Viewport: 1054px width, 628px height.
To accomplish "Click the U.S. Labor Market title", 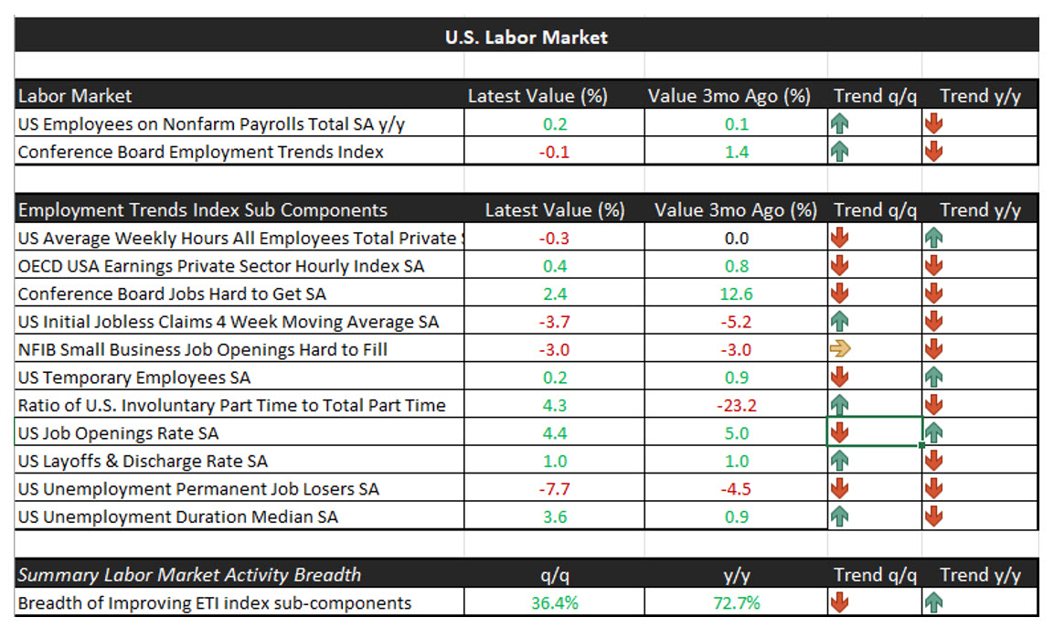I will tap(526, 37).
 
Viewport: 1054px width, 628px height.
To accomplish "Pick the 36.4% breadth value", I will tap(554, 603).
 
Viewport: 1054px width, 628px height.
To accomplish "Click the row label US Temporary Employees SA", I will tap(133, 378).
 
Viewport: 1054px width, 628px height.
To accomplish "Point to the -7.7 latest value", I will tap(554, 489).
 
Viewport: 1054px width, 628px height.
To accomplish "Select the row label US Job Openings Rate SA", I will tap(118, 433).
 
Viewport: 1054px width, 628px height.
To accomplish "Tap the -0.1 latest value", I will tap(554, 152).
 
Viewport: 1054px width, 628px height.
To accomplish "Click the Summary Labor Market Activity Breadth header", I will tap(189, 575).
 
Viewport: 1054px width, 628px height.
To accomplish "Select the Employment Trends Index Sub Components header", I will tap(202, 210).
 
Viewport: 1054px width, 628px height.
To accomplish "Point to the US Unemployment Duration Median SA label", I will tap(177, 516).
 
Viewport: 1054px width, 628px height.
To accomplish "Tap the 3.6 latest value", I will tap(554, 516).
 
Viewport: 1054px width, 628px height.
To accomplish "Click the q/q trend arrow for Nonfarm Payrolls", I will tap(840, 124).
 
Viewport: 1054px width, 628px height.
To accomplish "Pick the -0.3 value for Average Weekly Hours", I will tap(554, 239).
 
